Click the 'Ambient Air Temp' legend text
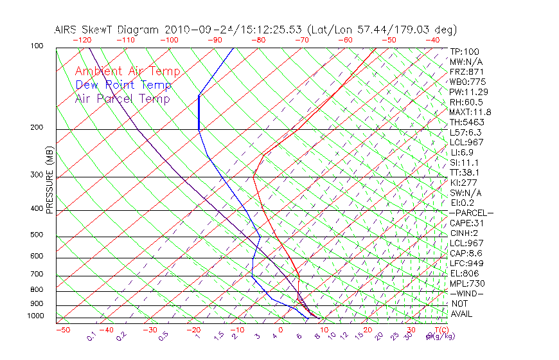pyautogui.click(x=127, y=71)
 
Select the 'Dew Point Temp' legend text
pyautogui.click(x=123, y=85)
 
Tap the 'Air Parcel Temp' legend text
pyautogui.click(x=122, y=98)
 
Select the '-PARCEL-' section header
pyautogui.click(x=471, y=213)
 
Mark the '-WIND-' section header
pyautogui.click(x=466, y=294)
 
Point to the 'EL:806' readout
pyautogui.click(x=464, y=273)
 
